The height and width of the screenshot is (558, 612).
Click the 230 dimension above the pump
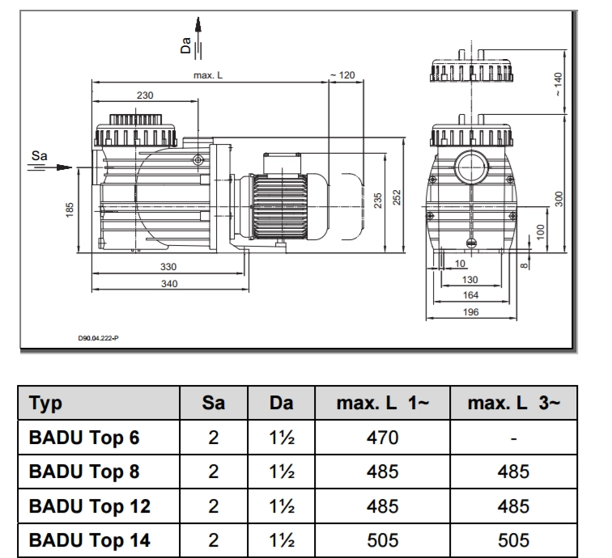pos(144,95)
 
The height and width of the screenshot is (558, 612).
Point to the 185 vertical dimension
pos(70,210)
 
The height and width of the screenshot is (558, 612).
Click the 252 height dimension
pos(397,198)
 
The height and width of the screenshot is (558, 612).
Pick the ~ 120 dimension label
pos(343,75)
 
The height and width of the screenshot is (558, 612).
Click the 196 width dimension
pos(470,312)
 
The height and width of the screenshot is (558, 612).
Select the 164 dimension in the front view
pos(470,295)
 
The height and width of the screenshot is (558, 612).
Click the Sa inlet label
pos(39,154)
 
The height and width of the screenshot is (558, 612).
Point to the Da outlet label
pos(186,47)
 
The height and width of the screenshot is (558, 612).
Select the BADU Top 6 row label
pos(84,438)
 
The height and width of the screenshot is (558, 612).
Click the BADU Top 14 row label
pos(89,539)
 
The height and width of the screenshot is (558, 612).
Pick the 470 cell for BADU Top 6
pos(383,438)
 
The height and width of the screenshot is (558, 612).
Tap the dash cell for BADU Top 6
pos(514,438)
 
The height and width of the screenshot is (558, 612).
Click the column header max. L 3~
pos(514,403)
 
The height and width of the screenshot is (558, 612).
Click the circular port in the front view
pos(471,168)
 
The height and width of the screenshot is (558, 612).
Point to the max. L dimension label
pos(208,75)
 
